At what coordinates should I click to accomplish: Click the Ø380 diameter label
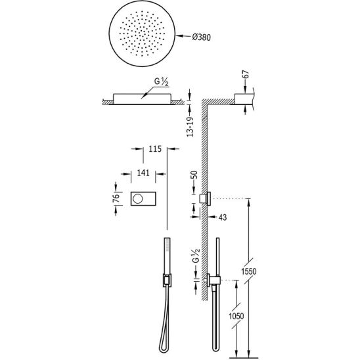(202, 37)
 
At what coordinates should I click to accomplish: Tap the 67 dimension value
(246, 75)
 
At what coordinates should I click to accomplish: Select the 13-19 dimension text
(190, 127)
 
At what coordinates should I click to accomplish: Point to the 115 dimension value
(155, 149)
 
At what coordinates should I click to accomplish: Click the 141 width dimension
(143, 173)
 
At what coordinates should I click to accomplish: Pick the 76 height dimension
(116, 198)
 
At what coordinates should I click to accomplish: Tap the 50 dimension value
(194, 175)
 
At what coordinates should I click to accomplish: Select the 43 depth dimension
(223, 217)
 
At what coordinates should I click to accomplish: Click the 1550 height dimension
(248, 271)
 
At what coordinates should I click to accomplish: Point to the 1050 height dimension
(236, 316)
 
